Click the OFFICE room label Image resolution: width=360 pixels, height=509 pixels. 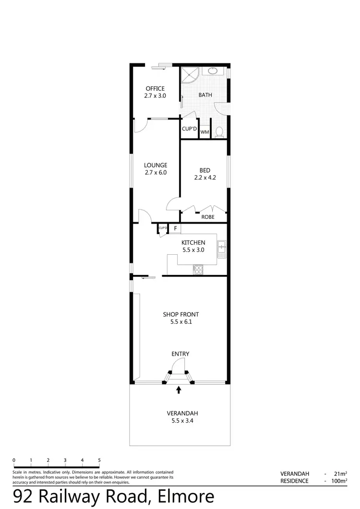[155, 88]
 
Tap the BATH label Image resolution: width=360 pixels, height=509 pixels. [205, 95]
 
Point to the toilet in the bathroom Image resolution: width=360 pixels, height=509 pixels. [220, 131]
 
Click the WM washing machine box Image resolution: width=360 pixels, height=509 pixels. [204, 132]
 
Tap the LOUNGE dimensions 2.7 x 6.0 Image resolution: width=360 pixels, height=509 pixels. [155, 173]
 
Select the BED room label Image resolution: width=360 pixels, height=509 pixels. [204, 170]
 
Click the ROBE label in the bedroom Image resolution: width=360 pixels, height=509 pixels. [207, 217]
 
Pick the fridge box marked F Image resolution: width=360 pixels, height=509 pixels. [176, 228]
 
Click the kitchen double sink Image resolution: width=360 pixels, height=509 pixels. [222, 248]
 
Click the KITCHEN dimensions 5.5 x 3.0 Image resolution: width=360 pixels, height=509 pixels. [193, 250]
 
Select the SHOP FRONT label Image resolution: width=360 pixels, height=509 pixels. [180, 314]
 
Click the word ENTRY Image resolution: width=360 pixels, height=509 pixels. [180, 354]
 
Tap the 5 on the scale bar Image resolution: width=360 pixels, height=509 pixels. [99, 460]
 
